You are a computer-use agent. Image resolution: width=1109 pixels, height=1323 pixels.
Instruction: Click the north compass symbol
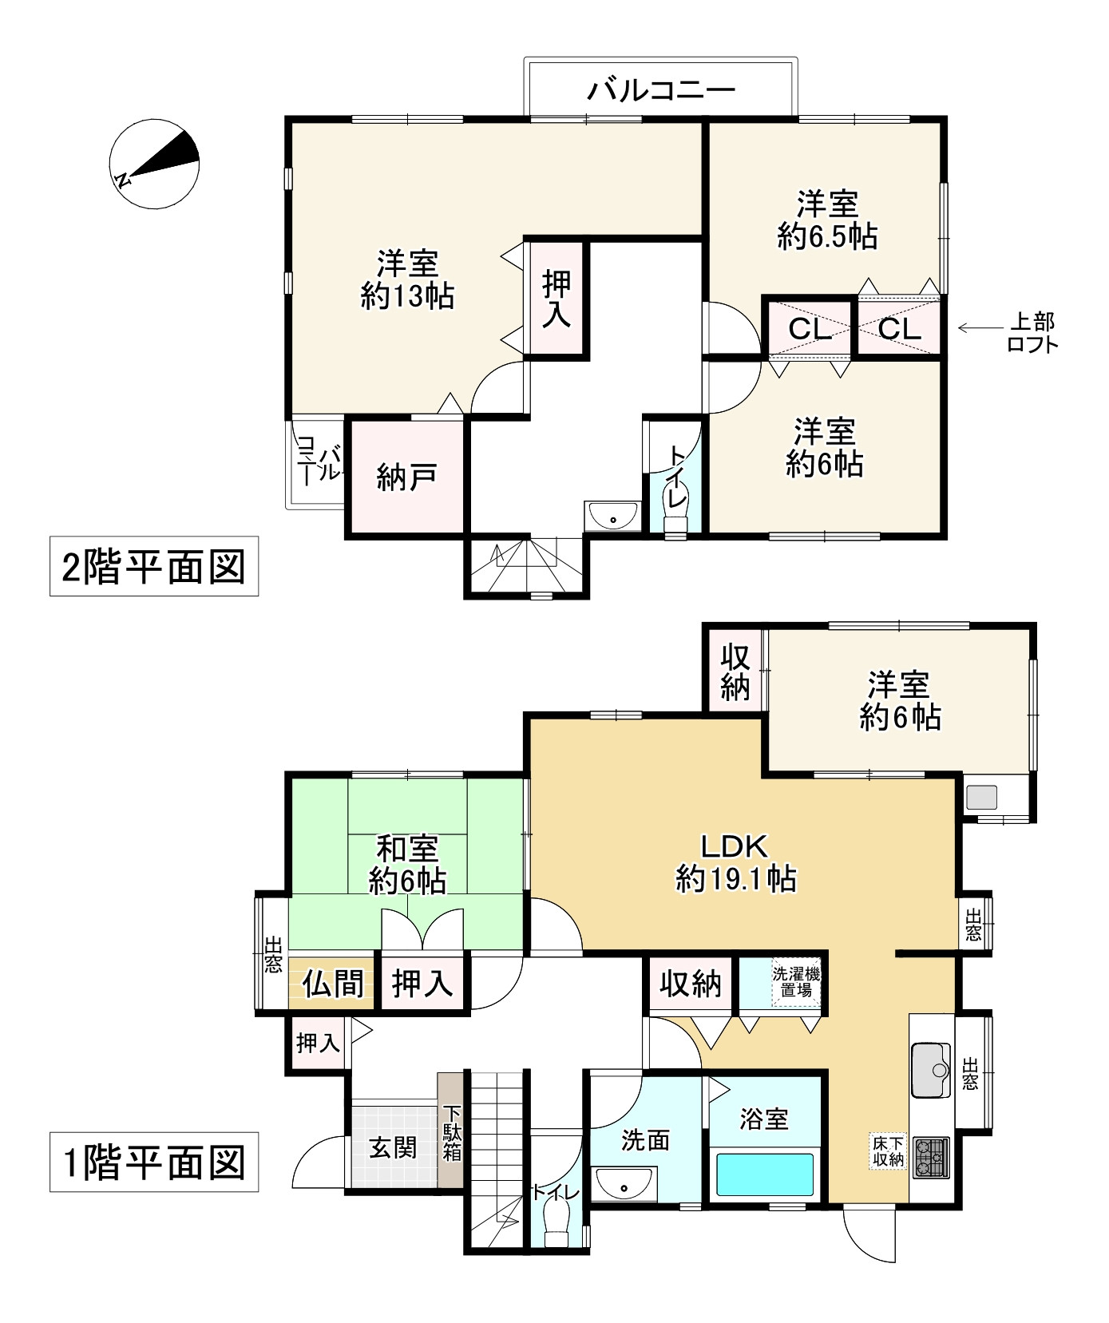point(154,164)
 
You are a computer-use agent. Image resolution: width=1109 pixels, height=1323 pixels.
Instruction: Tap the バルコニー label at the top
point(660,89)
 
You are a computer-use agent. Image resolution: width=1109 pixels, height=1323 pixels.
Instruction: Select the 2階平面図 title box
point(154,567)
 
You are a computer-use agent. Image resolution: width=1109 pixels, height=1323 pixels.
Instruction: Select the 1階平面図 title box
point(154,1162)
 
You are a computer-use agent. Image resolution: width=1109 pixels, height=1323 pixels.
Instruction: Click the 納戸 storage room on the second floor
point(406,477)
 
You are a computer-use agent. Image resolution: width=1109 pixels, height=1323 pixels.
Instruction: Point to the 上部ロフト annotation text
point(1032,332)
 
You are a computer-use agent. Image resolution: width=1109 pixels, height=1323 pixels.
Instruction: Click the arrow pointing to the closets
point(974,327)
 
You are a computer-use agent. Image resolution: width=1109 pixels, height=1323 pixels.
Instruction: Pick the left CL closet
point(810,328)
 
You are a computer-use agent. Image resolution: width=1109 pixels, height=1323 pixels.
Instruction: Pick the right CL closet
point(900,328)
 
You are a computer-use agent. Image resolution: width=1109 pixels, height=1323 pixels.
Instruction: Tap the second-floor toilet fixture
point(677,523)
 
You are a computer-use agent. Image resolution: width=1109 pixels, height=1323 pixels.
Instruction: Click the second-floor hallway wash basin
point(612,517)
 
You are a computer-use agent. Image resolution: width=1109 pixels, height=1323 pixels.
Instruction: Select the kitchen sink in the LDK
point(931,1070)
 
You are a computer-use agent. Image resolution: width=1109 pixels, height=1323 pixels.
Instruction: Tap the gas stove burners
point(930,1156)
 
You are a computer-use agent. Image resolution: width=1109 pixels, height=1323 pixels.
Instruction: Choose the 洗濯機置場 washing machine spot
point(795,982)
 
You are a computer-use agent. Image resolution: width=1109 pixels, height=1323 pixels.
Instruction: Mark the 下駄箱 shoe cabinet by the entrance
point(452,1132)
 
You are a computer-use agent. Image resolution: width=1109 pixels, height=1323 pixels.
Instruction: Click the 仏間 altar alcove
point(331,984)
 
